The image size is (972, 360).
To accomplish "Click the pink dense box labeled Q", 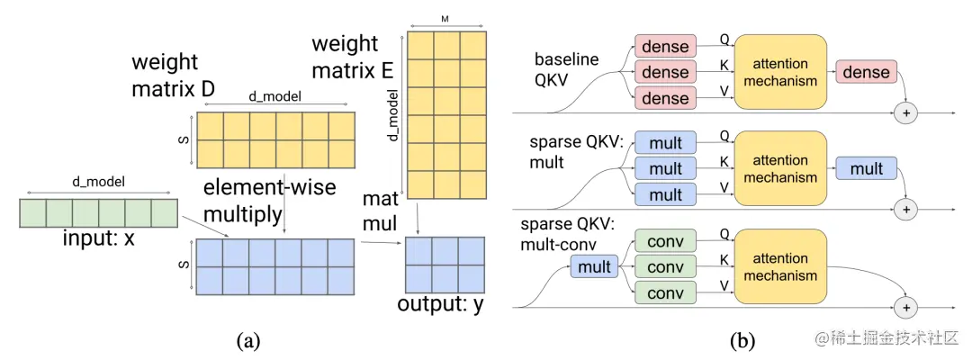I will tap(666, 46).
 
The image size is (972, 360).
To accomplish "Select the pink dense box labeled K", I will tap(666, 72).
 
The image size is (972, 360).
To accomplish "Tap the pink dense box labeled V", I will tap(666, 98).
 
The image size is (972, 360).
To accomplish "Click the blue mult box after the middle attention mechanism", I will tap(867, 168).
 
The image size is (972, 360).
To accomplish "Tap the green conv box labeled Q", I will tap(666, 240).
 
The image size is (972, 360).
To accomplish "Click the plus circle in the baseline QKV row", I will tap(906, 112).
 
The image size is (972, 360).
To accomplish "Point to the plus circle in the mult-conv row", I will tap(906, 307).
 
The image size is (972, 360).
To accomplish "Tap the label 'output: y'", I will tap(440, 304).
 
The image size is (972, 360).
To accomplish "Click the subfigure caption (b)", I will tap(742, 340).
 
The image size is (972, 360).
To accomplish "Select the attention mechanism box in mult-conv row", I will tap(781, 265).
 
